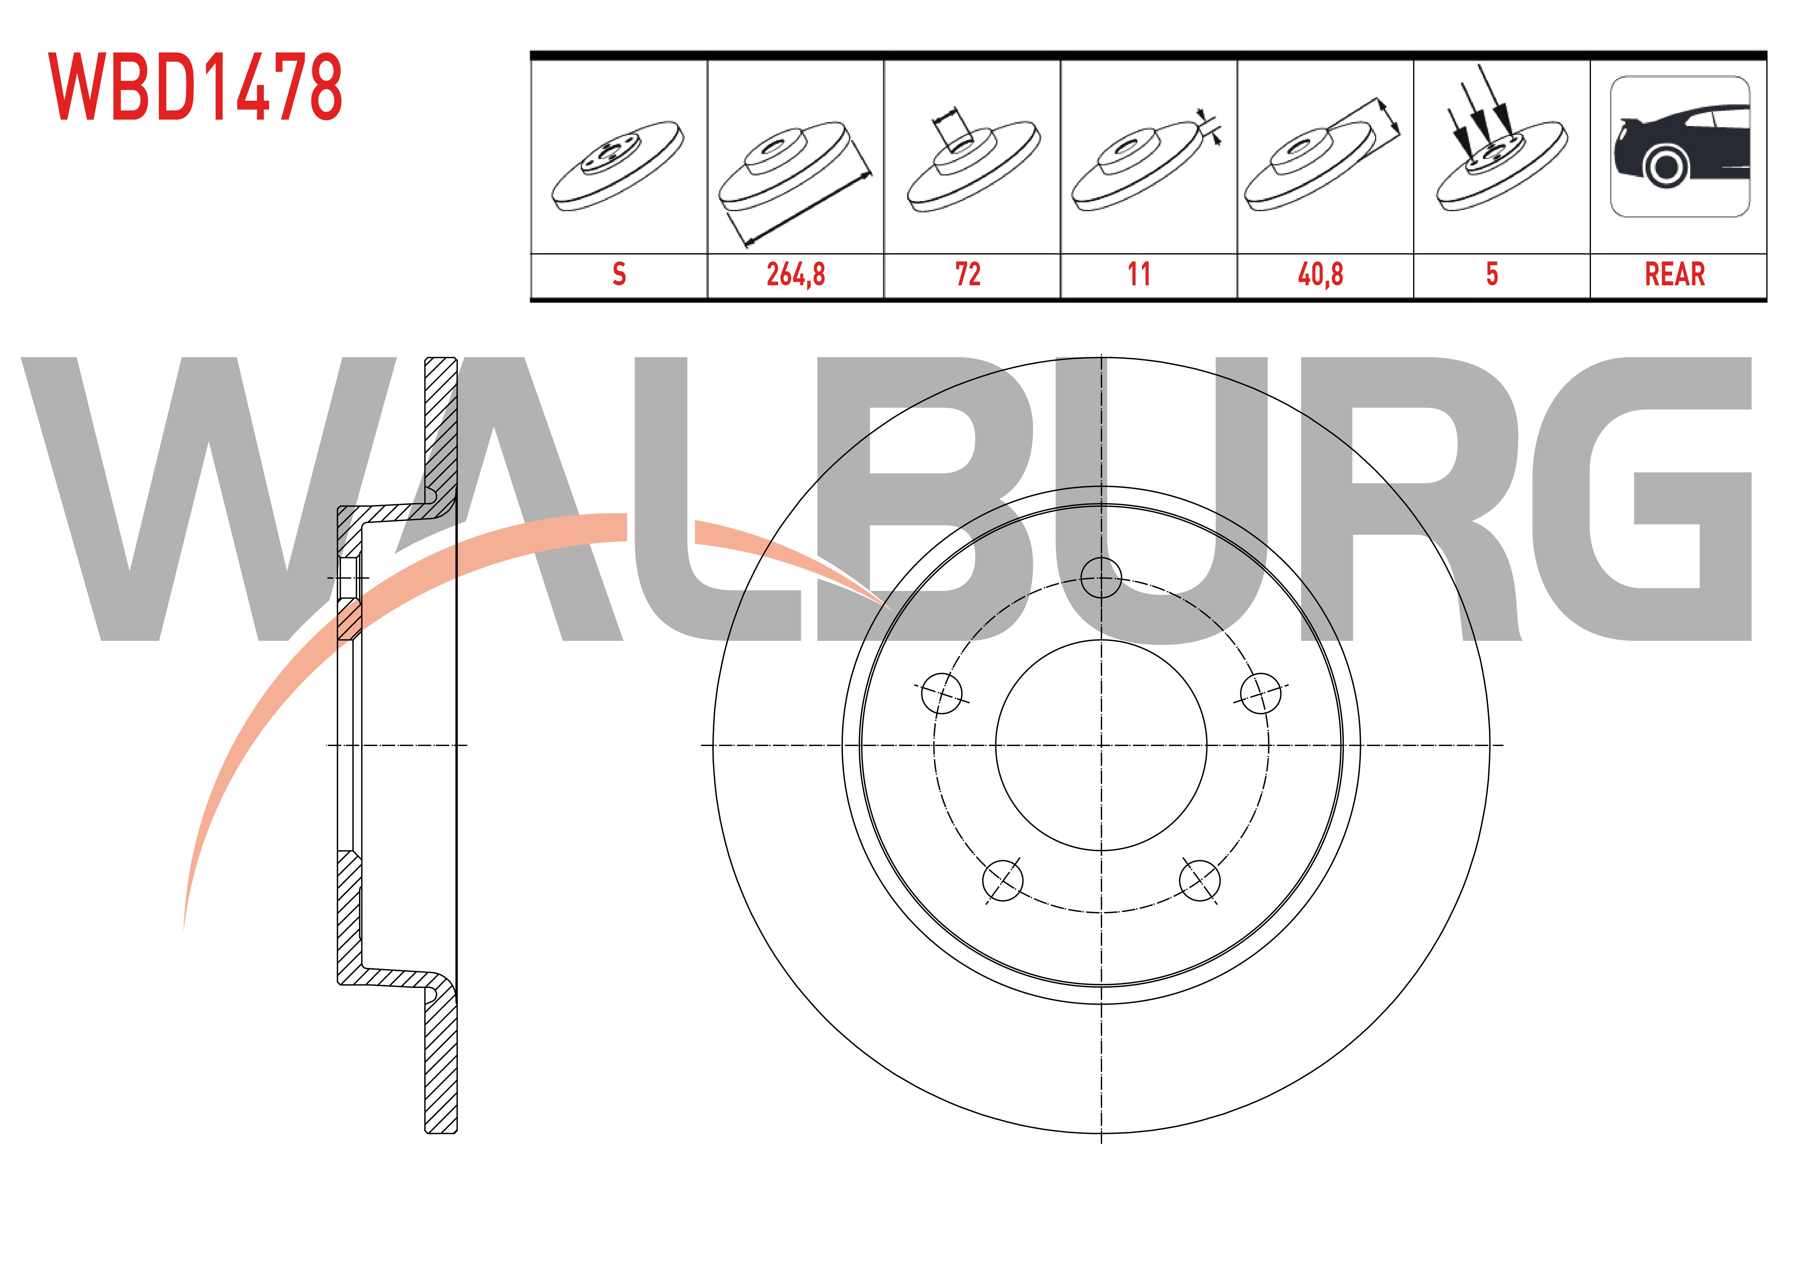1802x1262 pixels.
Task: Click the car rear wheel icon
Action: click(x=1680, y=147)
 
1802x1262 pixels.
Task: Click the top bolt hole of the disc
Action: click(x=1101, y=578)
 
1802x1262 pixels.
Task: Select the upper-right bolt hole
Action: click(x=1261, y=694)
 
